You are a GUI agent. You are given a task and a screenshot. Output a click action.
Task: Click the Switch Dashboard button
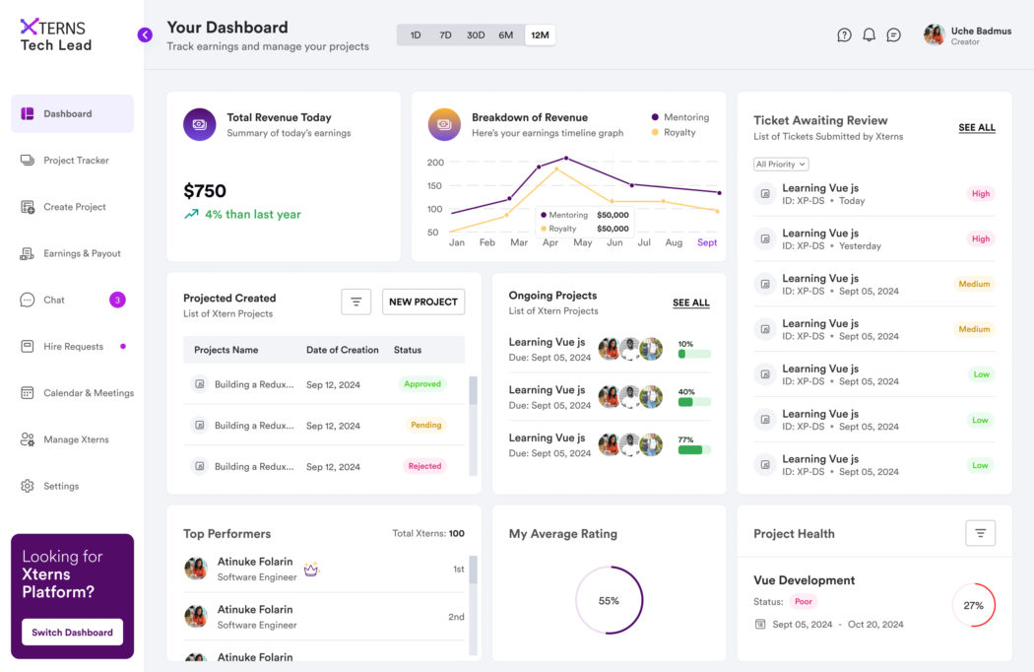[72, 633]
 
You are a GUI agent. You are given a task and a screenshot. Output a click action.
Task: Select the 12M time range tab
[540, 35]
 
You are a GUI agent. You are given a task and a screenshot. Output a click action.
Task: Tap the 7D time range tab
[445, 35]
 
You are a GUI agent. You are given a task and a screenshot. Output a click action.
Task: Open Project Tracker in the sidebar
[76, 161]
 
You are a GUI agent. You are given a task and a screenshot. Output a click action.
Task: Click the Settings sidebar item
[61, 486]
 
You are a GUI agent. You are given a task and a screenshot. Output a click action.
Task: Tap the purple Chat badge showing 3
[117, 300]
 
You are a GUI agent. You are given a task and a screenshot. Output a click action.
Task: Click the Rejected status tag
[424, 466]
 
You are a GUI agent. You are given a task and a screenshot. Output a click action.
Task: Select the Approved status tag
[422, 384]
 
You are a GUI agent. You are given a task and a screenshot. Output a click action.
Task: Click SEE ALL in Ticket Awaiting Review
[976, 128]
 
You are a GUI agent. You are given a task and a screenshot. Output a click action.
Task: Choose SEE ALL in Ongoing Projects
[690, 303]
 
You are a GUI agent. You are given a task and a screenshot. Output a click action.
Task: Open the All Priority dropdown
[781, 165]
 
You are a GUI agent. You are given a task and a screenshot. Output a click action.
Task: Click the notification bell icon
[869, 35]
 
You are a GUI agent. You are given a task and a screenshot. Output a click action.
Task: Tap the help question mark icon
[844, 35]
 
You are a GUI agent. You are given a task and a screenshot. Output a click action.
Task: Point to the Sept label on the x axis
[707, 242]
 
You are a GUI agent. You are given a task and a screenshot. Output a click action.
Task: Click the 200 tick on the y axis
[435, 163]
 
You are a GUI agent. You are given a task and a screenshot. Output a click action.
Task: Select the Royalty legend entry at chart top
[679, 132]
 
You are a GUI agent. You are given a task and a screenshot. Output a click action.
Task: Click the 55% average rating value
[609, 600]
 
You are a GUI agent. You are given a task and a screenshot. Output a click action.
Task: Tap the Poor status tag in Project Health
[805, 601]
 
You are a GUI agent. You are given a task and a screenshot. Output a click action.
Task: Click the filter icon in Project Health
[980, 533]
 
